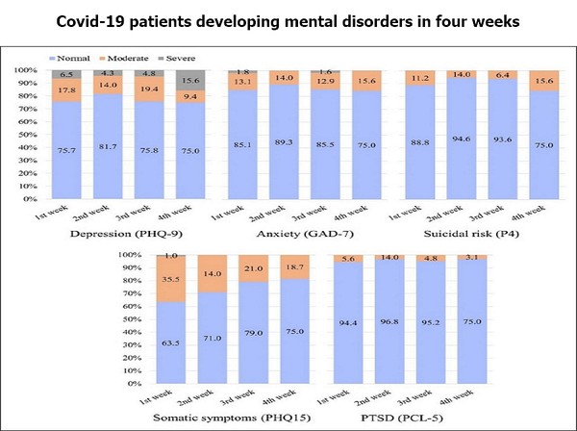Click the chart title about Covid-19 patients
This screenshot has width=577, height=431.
pos(288,20)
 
